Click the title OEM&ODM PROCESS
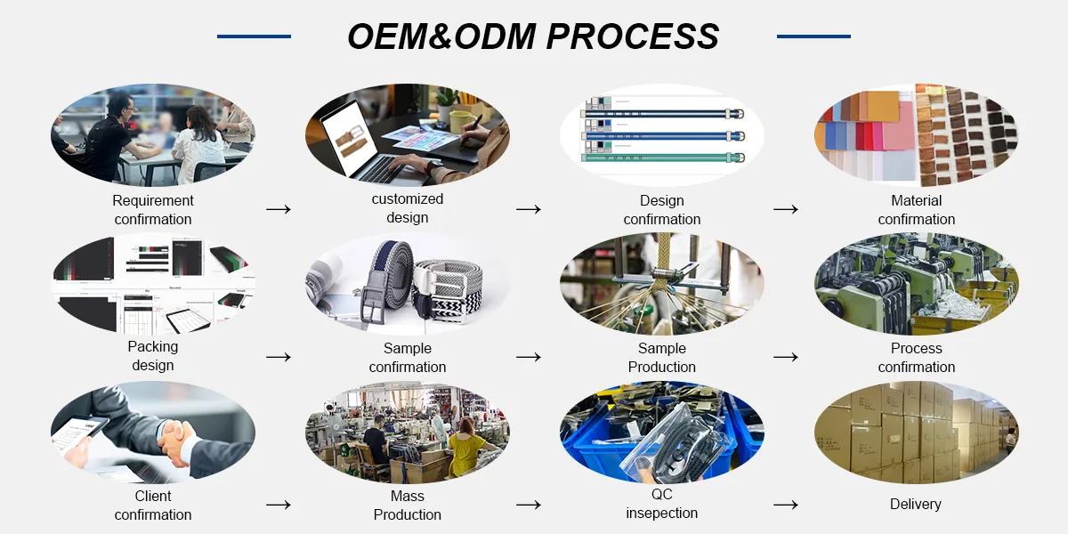pyautogui.click(x=533, y=36)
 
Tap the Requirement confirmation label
pyautogui.click(x=153, y=210)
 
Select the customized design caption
pyautogui.click(x=408, y=208)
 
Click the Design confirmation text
pyautogui.click(x=662, y=210)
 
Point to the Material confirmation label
pyautogui.click(x=917, y=210)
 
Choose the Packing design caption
pyautogui.click(x=153, y=356)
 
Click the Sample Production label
pyautogui.click(x=662, y=358)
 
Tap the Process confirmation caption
pyautogui.click(x=917, y=358)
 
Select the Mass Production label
pyautogui.click(x=408, y=506)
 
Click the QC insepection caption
pyautogui.click(x=662, y=504)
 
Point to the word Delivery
pyautogui.click(x=916, y=505)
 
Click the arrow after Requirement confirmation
pyautogui.click(x=279, y=209)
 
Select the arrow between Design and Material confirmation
pyautogui.click(x=786, y=209)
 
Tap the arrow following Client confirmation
pyautogui.click(x=279, y=505)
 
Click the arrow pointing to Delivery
pyautogui.click(x=786, y=505)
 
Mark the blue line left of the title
pyautogui.click(x=254, y=36)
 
